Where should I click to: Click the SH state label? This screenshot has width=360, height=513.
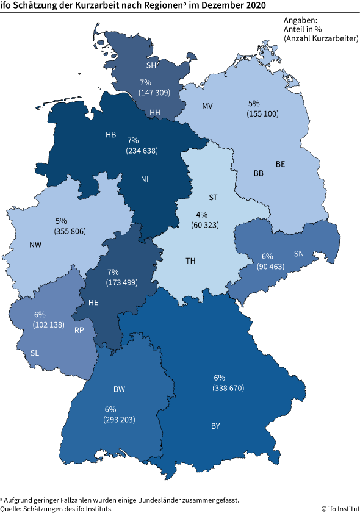point(152,65)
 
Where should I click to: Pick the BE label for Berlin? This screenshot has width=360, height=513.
point(280,163)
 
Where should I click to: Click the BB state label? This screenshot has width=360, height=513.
point(259,173)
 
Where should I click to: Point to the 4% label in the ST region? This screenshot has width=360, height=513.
point(201,215)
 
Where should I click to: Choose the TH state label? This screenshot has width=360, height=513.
point(190,260)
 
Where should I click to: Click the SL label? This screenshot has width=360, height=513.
point(36,353)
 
